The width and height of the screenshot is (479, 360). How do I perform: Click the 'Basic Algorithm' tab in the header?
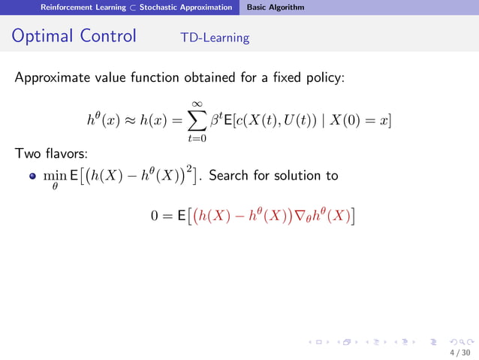(276, 7)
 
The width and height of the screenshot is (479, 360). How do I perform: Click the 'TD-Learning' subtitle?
(215, 38)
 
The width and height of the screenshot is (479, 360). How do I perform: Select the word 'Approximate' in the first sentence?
(51, 77)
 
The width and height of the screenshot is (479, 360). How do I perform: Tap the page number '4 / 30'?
(459, 352)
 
